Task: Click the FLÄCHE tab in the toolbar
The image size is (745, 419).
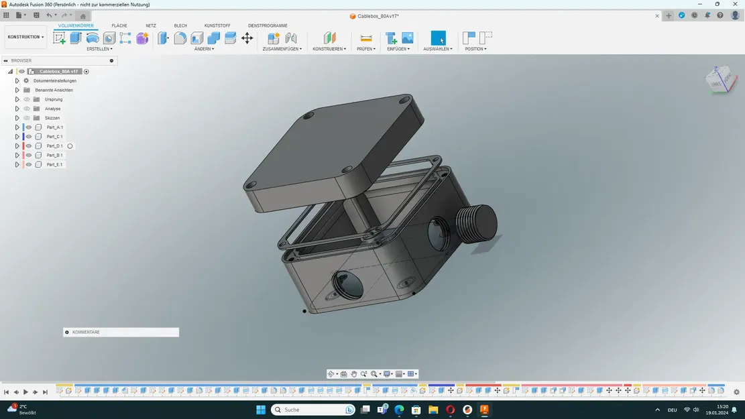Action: pos(119,25)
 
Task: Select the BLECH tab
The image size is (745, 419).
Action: pos(180,25)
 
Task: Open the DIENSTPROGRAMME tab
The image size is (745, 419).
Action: pos(268,25)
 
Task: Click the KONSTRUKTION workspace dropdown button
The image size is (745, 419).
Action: pos(26,37)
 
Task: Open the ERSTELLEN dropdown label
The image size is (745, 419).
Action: pos(99,49)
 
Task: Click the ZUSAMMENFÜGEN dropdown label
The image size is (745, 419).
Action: pos(282,49)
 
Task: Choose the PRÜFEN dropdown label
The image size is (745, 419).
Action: pos(366,49)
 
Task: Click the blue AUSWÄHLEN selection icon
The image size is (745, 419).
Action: pos(438,38)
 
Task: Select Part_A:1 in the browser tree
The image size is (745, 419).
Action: pos(55,127)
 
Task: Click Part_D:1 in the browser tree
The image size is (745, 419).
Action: pos(55,146)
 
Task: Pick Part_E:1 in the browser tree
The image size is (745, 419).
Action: pos(55,165)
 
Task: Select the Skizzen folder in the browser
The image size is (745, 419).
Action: pos(52,118)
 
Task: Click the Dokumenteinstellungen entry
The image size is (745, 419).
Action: pos(55,80)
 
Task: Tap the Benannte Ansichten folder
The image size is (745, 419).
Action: pos(54,90)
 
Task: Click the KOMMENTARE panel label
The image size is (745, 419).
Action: pos(86,333)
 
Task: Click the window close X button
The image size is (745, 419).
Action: pos(735,4)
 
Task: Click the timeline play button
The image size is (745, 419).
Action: pos(25,392)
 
